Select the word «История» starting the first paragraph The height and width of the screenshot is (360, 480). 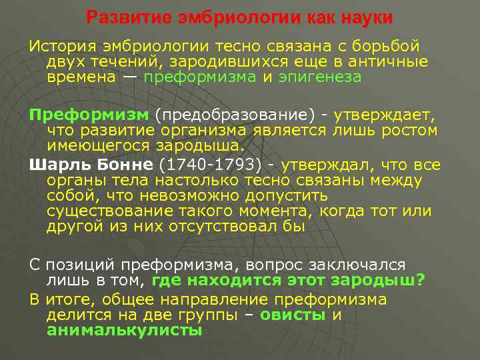pos(59,47)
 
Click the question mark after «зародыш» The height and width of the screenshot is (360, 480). pos(420,280)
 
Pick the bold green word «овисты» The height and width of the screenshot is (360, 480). pos(292,315)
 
